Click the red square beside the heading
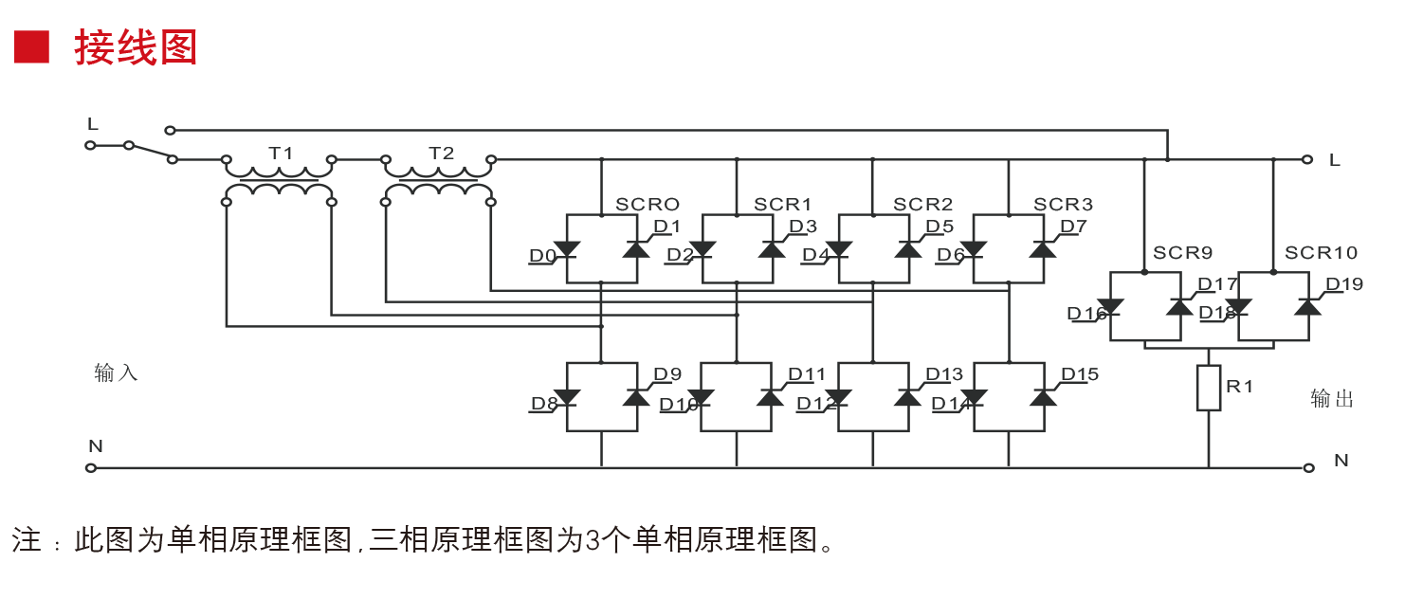click(x=31, y=46)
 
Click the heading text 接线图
click(x=136, y=47)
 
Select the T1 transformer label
click(x=281, y=153)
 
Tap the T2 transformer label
click(x=441, y=153)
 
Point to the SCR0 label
click(x=648, y=204)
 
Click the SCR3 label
click(x=1063, y=204)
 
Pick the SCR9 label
click(x=1182, y=253)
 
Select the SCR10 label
click(x=1321, y=253)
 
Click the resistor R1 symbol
click(x=1209, y=388)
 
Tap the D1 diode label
click(x=667, y=226)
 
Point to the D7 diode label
click(x=1073, y=226)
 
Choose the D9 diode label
click(x=667, y=374)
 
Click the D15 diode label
click(x=1080, y=374)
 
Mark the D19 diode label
click(x=1344, y=283)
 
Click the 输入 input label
click(x=116, y=372)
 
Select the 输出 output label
click(x=1332, y=398)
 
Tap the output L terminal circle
click(x=1307, y=159)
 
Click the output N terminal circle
click(x=1309, y=467)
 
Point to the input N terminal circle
click(x=91, y=467)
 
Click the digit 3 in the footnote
click(x=593, y=540)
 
